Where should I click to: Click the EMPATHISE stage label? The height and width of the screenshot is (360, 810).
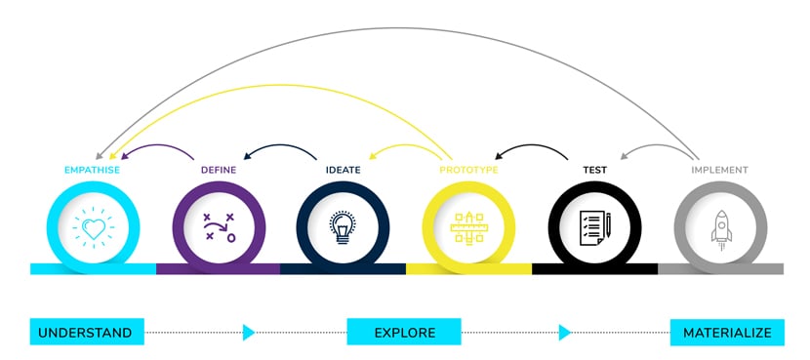(92, 170)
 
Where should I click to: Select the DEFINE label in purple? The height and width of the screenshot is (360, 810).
(219, 170)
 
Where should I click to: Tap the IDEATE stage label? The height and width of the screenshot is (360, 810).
(344, 170)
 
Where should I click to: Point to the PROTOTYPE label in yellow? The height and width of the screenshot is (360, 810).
(468, 170)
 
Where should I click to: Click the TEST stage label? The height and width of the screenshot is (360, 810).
(595, 170)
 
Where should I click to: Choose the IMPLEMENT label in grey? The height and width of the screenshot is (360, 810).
(719, 170)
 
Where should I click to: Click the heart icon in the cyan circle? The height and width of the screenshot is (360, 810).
(94, 228)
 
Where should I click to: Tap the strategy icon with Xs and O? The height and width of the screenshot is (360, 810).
(219, 227)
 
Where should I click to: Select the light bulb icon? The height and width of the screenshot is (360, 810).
(344, 227)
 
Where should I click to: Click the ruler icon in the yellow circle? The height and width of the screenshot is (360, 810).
(469, 227)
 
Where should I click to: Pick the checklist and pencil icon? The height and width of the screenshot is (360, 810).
(594, 227)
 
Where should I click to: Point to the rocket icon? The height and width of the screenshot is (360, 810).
(720, 228)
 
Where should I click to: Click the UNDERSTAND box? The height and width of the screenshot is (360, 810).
(86, 333)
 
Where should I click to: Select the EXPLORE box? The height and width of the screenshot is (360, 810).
(404, 333)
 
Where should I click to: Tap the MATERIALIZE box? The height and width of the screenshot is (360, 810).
(727, 333)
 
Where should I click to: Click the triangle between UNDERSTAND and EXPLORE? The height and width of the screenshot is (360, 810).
(248, 333)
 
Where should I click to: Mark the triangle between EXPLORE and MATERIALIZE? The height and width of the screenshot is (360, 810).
(564, 333)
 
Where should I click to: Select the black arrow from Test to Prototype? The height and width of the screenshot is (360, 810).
(532, 148)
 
